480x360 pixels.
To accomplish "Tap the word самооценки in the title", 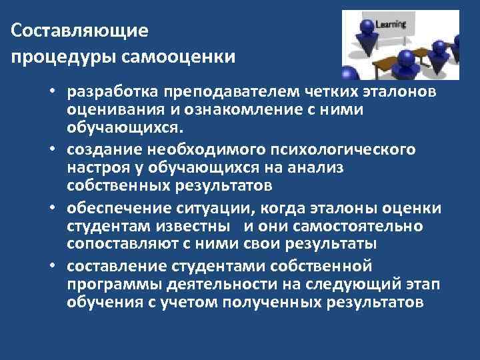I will (x=179, y=56).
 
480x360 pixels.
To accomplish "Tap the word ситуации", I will (x=210, y=209).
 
